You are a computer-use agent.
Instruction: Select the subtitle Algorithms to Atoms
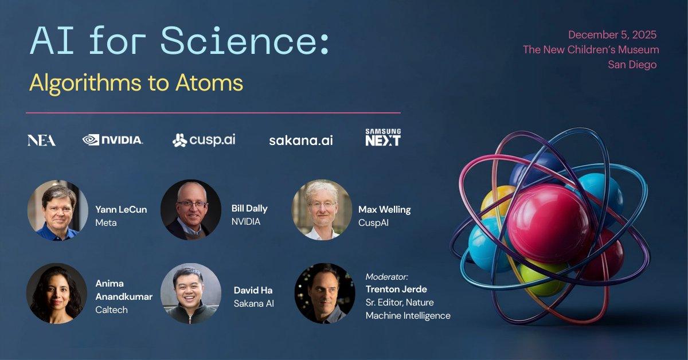click(x=136, y=83)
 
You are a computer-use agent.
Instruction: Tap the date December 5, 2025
click(x=612, y=35)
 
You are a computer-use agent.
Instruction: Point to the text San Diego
click(x=632, y=65)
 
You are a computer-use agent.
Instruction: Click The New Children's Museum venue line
click(x=591, y=50)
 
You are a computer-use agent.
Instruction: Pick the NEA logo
click(x=41, y=140)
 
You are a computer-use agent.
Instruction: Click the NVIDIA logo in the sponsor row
click(x=113, y=139)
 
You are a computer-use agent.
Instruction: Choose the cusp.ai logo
click(x=204, y=140)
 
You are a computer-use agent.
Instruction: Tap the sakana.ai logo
click(x=300, y=140)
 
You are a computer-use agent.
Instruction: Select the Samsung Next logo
click(x=383, y=138)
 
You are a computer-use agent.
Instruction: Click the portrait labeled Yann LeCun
click(x=57, y=210)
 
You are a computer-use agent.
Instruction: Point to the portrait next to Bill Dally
click(x=191, y=210)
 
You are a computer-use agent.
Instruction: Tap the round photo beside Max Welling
click(x=322, y=210)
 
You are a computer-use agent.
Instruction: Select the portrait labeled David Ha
click(x=191, y=293)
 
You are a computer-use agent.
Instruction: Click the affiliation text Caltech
click(x=111, y=310)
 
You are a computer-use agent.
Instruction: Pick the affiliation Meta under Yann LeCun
click(x=105, y=222)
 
